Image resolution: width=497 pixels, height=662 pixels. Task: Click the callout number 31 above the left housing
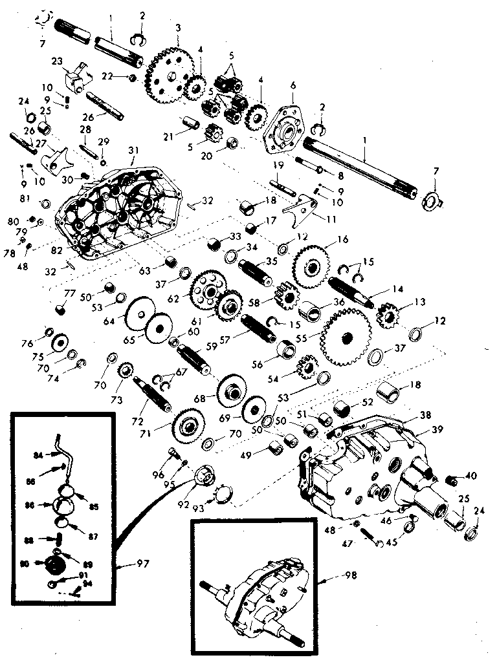tap(133, 150)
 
